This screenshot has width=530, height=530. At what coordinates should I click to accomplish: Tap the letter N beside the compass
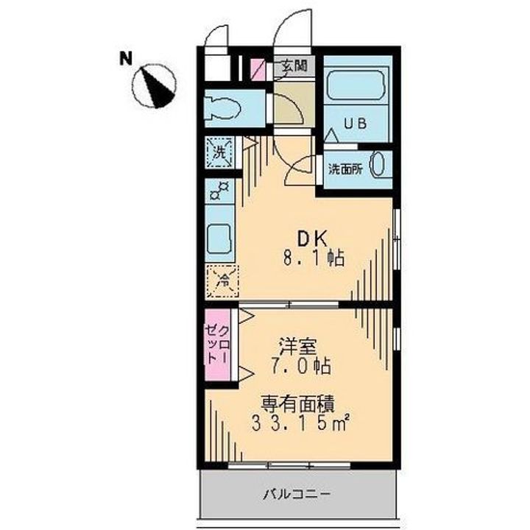(x=127, y=57)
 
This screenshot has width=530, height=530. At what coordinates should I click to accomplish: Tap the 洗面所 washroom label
(x=344, y=167)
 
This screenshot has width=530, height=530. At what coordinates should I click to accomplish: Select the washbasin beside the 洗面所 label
(x=378, y=164)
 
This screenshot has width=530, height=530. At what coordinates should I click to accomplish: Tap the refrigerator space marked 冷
(x=221, y=278)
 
